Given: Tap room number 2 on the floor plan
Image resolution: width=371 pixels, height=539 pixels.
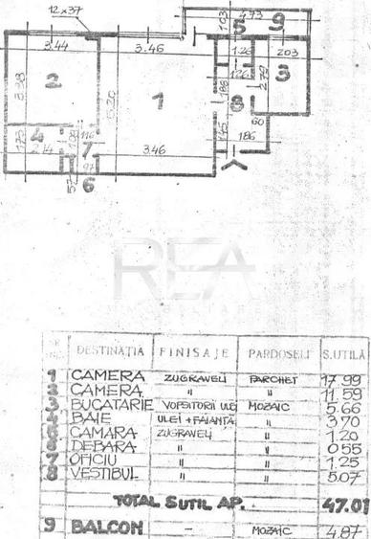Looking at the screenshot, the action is tap(54, 83).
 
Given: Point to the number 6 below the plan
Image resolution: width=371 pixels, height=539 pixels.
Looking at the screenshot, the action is tap(88, 185).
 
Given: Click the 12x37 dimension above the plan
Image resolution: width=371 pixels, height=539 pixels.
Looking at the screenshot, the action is tap(66, 10).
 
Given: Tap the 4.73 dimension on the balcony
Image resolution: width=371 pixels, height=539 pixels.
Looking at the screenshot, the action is tap(251, 13).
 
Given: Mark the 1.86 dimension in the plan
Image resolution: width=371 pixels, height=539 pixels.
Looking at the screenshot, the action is tap(246, 138).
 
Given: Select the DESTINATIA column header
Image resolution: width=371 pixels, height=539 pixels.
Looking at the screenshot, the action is tap(110, 352).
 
